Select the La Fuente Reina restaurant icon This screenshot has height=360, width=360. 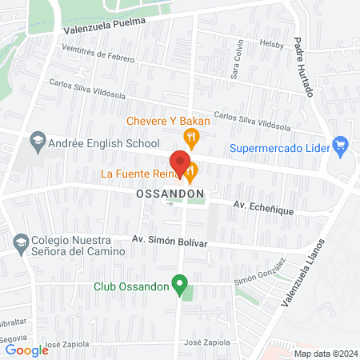coord(190,171)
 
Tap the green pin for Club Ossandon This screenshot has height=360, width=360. coord(181,284)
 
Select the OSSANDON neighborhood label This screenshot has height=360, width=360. coord(170,194)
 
